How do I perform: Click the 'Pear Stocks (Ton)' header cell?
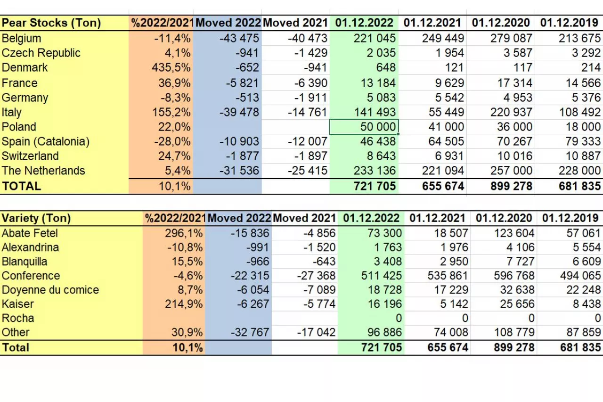pos(51,23)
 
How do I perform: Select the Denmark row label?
pos(24,68)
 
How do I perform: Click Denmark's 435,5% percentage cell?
pos(171,68)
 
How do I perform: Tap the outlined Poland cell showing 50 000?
pos(364,127)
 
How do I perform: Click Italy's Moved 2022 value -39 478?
pos(239,112)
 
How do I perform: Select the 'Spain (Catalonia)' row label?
pos(45,142)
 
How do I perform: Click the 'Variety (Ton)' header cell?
pos(36,218)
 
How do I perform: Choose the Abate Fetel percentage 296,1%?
pos(184,233)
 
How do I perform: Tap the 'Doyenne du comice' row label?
pos(50,290)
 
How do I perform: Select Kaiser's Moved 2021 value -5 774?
pos(319,304)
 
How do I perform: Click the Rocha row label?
pos(18,318)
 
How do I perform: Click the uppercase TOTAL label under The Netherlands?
pos(22,186)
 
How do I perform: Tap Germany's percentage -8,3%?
pos(173,98)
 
